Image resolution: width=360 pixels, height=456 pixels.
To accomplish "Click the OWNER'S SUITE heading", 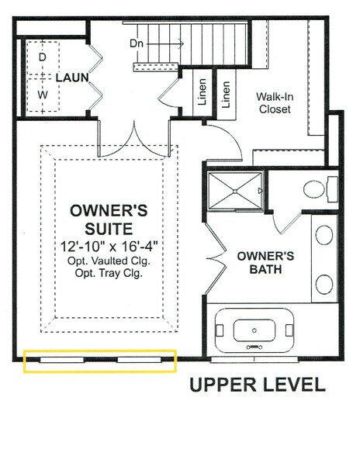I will pos(109,219).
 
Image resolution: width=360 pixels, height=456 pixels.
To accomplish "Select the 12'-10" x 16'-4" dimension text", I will pos(109,246).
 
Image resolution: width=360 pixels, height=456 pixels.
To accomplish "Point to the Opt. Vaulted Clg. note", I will pos(109,261).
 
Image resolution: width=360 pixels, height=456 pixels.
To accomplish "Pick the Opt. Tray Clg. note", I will pos(109,274).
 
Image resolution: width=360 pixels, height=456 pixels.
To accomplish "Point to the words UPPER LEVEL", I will pos(255,385).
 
